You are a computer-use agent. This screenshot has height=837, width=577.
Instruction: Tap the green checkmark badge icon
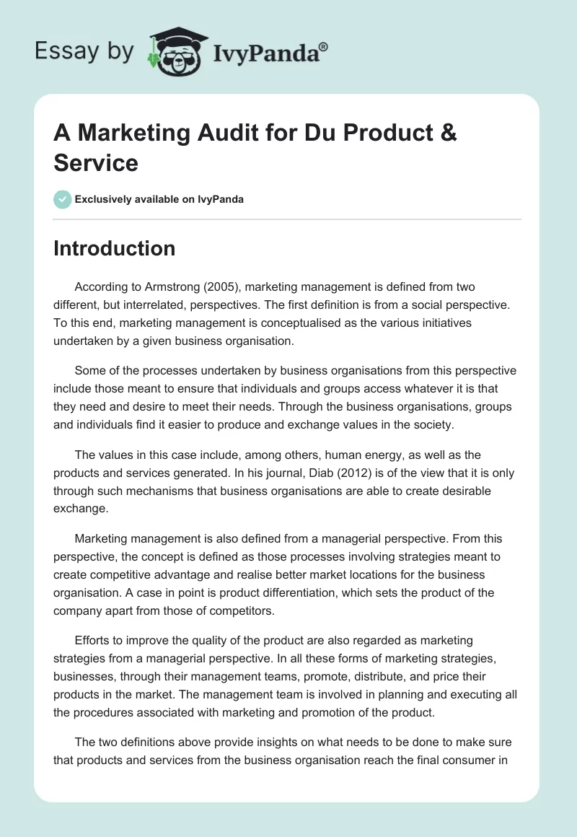point(63,199)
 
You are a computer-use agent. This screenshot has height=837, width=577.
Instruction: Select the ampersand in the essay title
point(447,133)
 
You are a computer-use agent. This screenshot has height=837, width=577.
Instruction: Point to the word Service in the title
point(96,162)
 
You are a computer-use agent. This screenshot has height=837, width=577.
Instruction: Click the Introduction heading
point(115,248)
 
